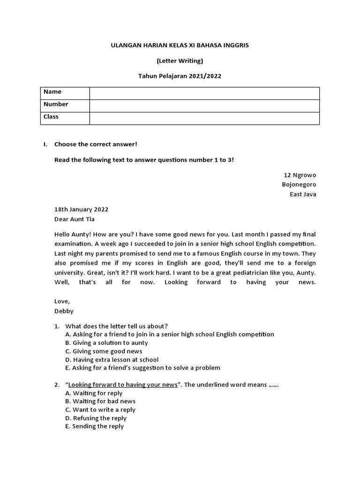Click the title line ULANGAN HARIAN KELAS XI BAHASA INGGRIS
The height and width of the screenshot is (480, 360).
pos(180,45)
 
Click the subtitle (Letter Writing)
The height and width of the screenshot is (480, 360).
pos(180,60)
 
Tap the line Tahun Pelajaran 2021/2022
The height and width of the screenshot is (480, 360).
pos(180,76)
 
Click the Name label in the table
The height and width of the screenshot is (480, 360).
pos(52,92)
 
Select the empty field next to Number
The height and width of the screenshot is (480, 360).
pos(204,105)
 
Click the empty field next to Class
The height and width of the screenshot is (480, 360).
pos(204,118)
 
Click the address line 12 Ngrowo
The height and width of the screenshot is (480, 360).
pos(303,175)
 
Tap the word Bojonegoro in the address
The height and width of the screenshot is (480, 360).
pos(299,185)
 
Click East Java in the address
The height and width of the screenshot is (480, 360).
pos(303,195)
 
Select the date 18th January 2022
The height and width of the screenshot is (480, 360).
pos(81,209)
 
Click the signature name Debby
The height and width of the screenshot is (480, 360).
pos(64,311)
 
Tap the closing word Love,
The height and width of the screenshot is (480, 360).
pos(62,301)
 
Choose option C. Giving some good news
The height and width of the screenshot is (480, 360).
pos(104,351)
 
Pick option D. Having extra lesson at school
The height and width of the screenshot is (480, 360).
pos(112,360)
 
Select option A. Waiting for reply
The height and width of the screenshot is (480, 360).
pos(94,393)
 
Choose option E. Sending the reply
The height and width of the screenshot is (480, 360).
pos(94,426)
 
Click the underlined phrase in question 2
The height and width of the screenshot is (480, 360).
pos(123,385)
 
